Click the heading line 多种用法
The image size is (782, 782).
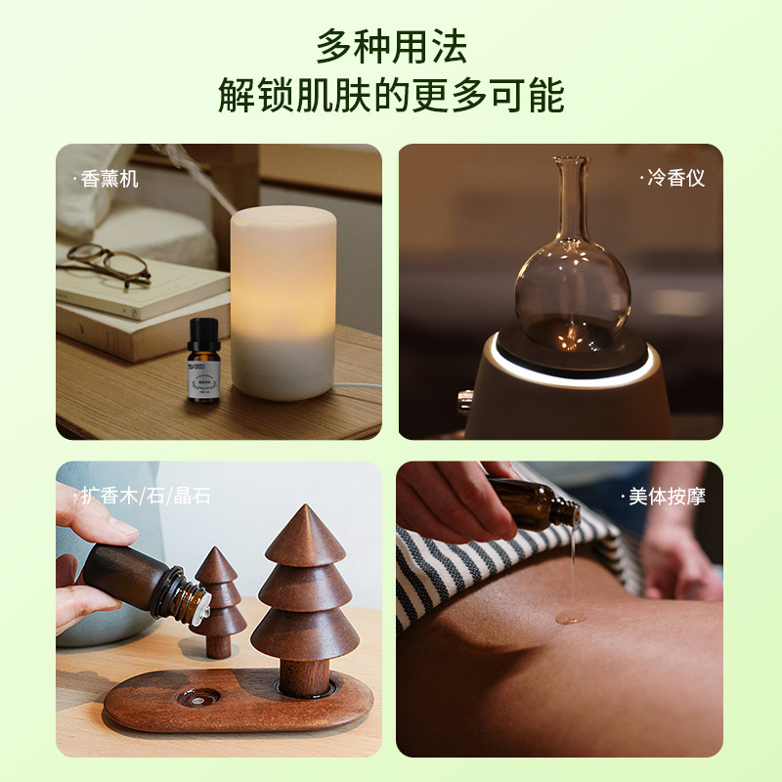391,46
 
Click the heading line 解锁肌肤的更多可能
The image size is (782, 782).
391,96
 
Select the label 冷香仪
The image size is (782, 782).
674,179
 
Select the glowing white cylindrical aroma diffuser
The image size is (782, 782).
282,303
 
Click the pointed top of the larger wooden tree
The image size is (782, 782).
305,518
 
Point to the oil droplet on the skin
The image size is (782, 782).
571,617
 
